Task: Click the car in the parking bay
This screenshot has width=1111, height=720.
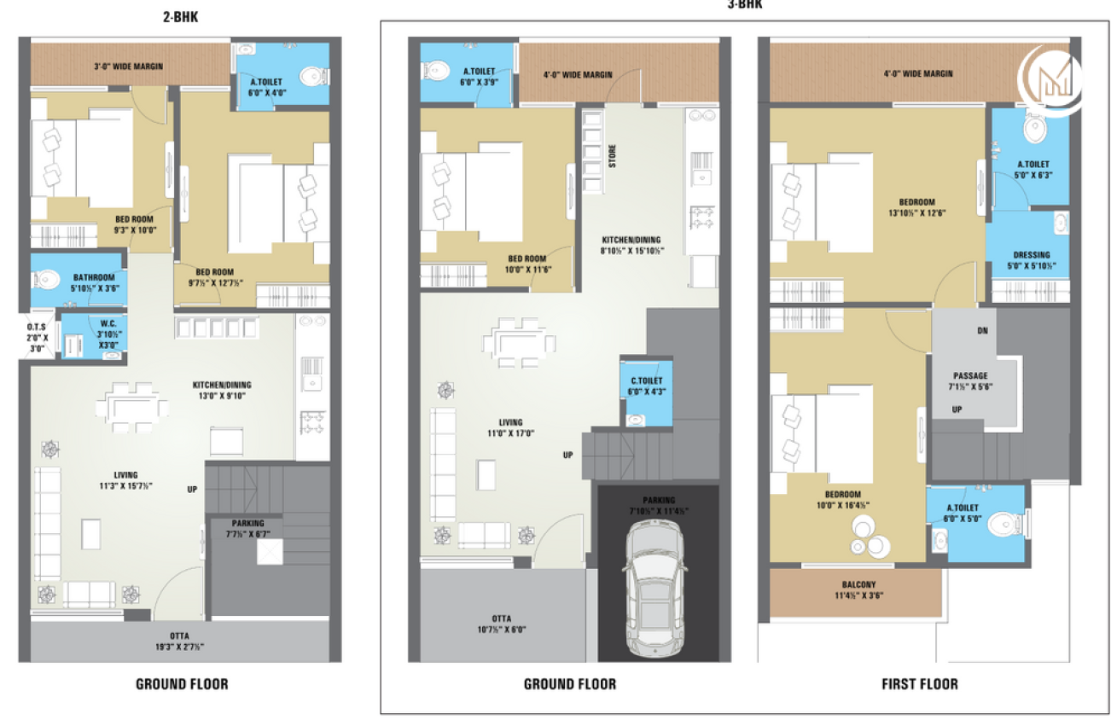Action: pos(656,589)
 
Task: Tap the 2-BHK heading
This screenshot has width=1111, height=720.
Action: pos(180,17)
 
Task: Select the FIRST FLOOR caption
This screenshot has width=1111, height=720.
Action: pos(919,684)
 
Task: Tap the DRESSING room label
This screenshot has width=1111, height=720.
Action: pos(1032,260)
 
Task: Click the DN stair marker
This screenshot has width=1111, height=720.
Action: pos(982,330)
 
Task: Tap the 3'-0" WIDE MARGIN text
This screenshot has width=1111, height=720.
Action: pos(128,66)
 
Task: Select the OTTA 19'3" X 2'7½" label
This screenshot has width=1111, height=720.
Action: pos(179,641)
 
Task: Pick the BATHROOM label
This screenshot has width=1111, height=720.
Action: pos(94,282)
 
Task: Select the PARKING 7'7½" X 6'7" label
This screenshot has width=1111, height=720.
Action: pos(247,529)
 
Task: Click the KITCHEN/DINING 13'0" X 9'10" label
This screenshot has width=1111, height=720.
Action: pos(222,390)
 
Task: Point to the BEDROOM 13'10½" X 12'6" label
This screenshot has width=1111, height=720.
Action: pos(916,207)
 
